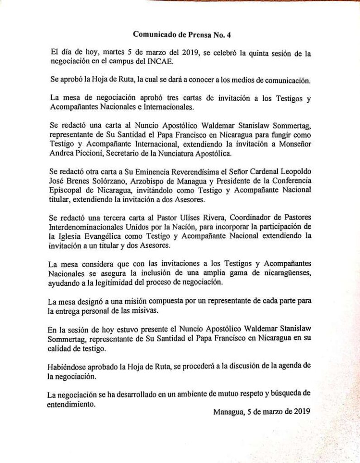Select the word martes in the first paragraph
[x=97, y=53]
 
